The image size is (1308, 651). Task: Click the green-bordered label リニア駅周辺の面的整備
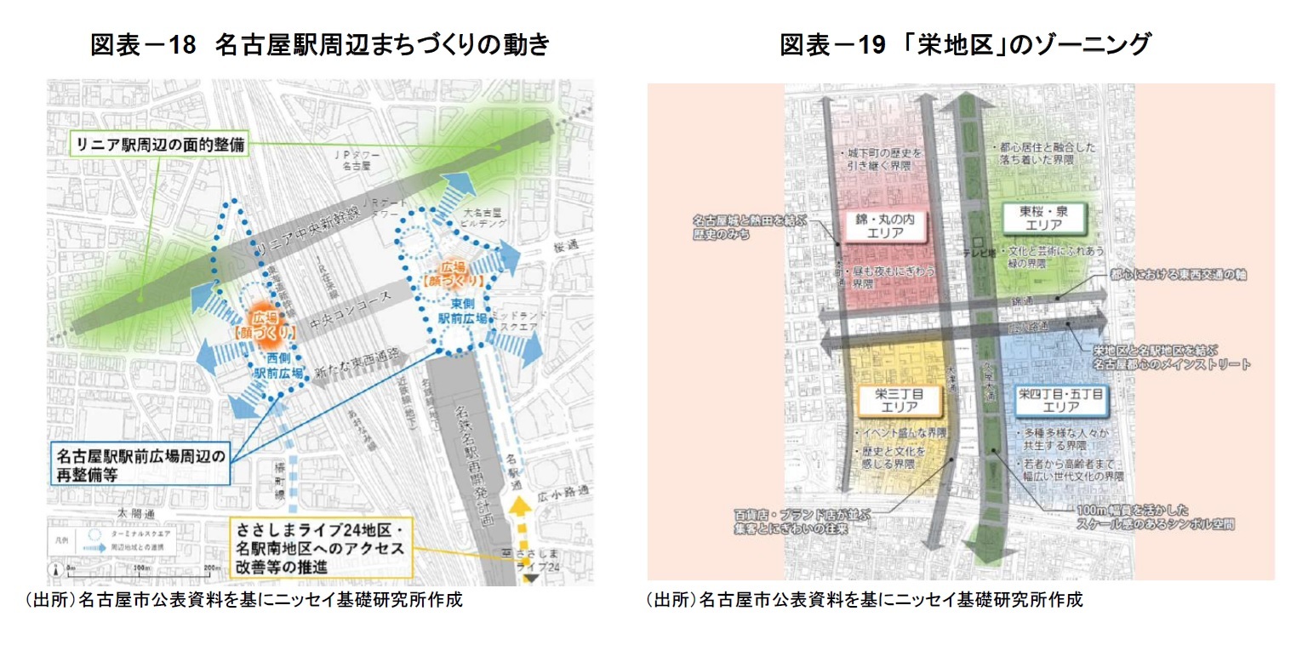[158, 145]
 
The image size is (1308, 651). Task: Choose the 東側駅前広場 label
[462, 311]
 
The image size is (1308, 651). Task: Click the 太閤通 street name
[137, 514]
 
